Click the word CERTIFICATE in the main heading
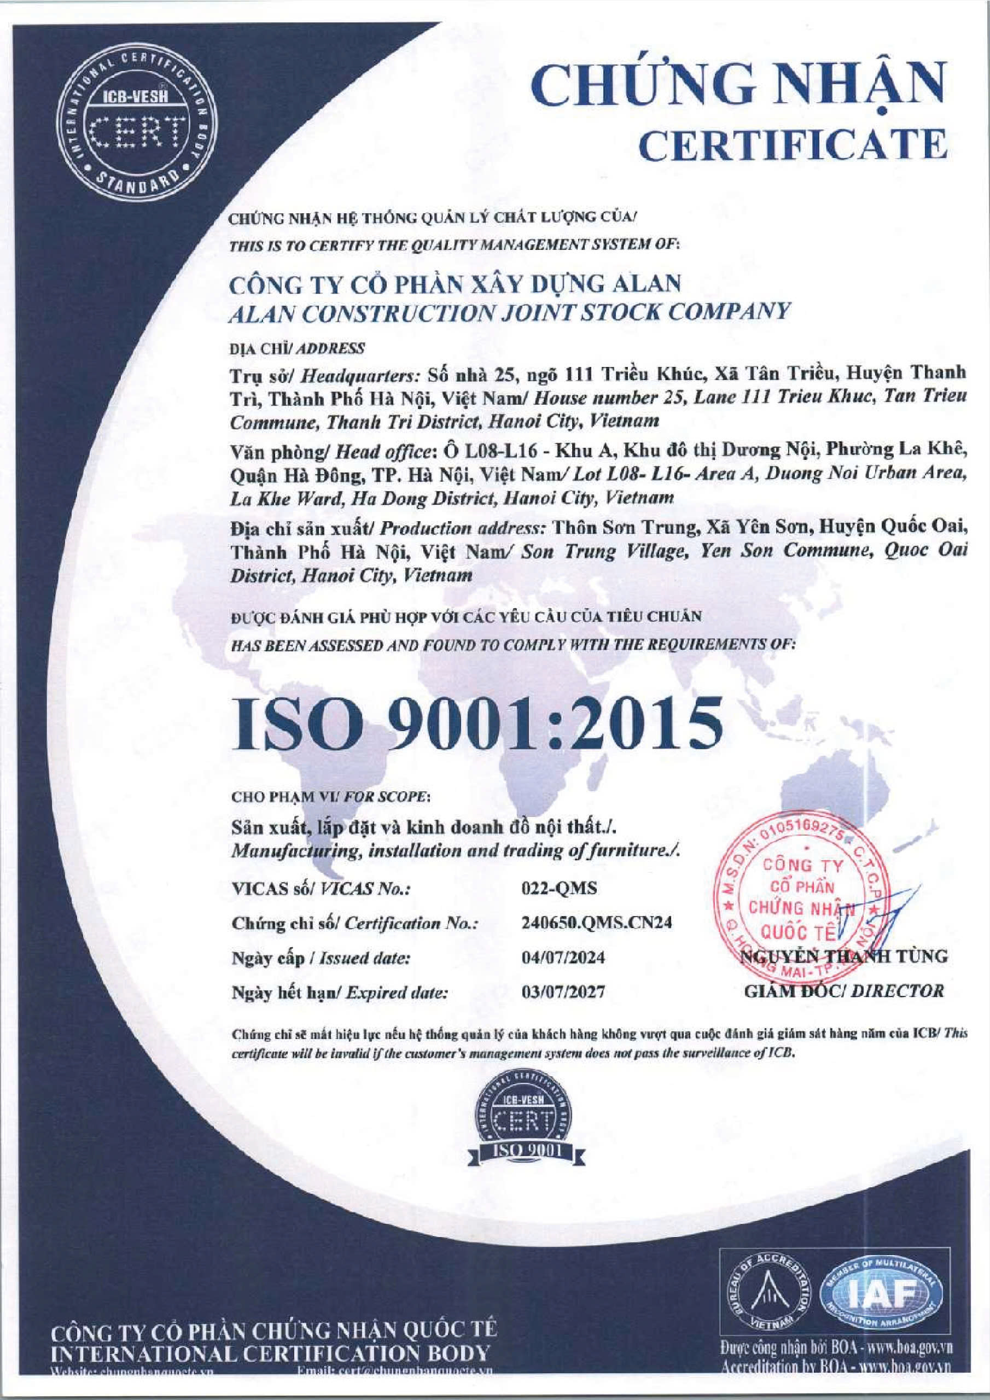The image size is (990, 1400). point(796,143)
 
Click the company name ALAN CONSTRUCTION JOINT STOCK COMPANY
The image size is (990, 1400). point(509,312)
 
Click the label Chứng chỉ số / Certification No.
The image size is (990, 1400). point(353,923)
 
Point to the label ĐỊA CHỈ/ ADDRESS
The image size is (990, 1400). point(297,349)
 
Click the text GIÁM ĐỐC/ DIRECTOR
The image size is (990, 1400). point(844,991)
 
